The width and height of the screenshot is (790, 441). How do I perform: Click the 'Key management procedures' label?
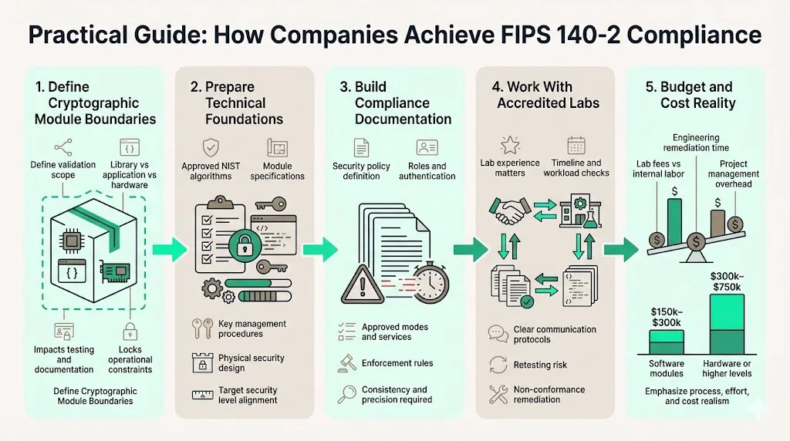252,328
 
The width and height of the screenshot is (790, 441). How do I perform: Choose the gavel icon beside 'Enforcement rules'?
346,363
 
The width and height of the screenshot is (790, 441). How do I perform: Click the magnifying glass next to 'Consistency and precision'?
346,394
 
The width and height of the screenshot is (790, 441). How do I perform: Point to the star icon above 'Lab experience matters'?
510,145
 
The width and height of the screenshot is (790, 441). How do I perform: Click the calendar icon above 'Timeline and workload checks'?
576,145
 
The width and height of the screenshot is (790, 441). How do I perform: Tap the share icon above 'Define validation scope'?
63,146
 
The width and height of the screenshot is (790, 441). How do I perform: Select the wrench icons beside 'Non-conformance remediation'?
497,395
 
